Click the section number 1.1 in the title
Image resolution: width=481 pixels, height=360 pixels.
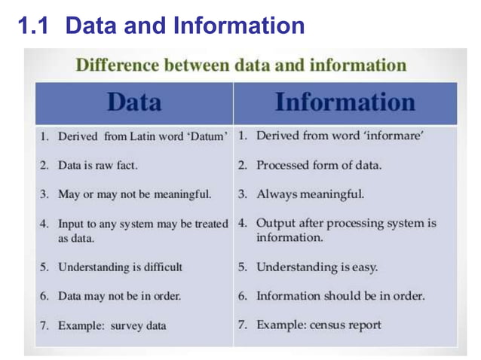(35, 26)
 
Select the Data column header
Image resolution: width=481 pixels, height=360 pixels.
(133, 102)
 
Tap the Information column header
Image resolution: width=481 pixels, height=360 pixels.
(345, 102)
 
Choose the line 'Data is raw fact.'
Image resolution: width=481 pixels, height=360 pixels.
(97, 165)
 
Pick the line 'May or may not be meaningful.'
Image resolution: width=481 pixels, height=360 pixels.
(134, 194)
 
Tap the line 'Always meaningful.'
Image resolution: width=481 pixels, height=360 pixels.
(311, 194)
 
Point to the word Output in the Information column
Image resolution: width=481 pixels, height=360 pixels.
(276, 223)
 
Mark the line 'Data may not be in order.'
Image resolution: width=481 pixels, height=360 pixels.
(119, 296)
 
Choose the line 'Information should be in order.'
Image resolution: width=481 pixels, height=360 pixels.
(340, 296)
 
